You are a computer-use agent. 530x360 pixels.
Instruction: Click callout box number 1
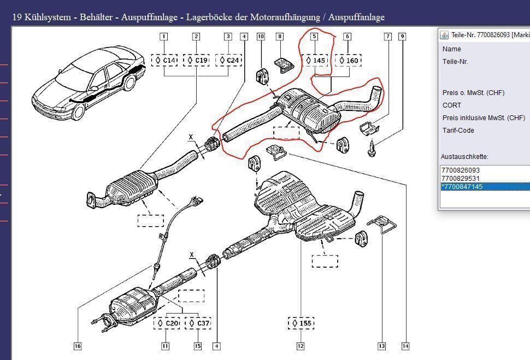tap(163, 37)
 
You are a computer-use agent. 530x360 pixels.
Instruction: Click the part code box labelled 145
tap(315, 60)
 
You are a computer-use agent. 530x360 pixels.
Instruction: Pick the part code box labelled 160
tap(348, 60)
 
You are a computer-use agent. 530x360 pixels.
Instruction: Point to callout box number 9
tap(402, 37)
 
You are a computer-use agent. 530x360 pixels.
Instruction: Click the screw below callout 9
tap(372, 149)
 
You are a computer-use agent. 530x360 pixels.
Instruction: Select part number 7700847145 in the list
tap(462, 187)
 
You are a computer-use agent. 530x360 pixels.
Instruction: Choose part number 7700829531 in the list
tap(460, 179)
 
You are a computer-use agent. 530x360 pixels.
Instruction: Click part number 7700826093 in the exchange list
tap(460, 170)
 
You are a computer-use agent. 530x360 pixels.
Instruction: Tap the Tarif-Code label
tap(458, 131)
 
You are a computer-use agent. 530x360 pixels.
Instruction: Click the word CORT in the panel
tap(452, 105)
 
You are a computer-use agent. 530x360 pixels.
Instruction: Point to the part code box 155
tap(301, 323)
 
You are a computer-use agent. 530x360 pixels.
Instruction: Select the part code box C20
tap(168, 323)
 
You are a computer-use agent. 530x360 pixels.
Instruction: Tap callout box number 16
tap(78, 346)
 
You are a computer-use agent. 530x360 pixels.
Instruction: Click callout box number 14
tap(405, 346)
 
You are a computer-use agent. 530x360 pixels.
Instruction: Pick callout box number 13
tap(381, 346)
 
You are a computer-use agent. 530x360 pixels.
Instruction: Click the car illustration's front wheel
tap(78, 112)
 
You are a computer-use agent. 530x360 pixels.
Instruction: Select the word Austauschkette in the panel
tap(464, 157)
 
